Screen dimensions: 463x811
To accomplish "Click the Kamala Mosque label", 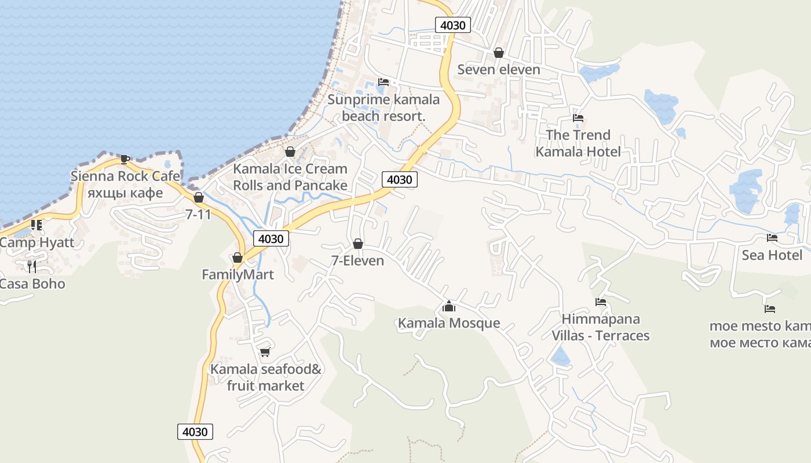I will [x=448, y=323].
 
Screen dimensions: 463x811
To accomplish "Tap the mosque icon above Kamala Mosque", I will [x=448, y=306].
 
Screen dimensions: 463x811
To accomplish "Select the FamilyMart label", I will [x=238, y=274].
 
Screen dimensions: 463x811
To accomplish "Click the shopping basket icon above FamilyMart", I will [x=237, y=258].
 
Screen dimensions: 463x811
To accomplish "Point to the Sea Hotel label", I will [x=772, y=255].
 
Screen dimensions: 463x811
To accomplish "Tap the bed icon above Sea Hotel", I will [x=772, y=238].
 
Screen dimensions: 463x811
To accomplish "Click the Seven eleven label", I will [x=498, y=69].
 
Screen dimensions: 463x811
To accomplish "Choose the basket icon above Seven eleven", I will [x=498, y=53].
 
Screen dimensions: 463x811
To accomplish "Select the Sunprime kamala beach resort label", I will [x=383, y=108].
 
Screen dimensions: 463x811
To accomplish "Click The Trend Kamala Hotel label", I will [x=578, y=143].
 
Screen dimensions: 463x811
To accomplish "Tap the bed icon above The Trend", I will [x=578, y=118].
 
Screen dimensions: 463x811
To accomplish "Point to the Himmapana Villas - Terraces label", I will [x=600, y=327].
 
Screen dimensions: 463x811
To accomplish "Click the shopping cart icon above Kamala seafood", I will [x=265, y=352].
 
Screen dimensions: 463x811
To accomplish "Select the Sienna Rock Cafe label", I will [x=125, y=176].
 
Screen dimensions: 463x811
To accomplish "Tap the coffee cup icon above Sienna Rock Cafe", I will [x=125, y=159].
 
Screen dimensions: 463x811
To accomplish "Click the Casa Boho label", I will [x=32, y=284].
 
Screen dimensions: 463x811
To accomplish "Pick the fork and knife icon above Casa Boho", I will [x=32, y=266].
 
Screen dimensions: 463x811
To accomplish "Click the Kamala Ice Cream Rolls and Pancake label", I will [x=290, y=177].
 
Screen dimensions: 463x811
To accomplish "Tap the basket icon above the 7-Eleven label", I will [x=357, y=244].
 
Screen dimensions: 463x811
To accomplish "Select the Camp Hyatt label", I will [x=36, y=242].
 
